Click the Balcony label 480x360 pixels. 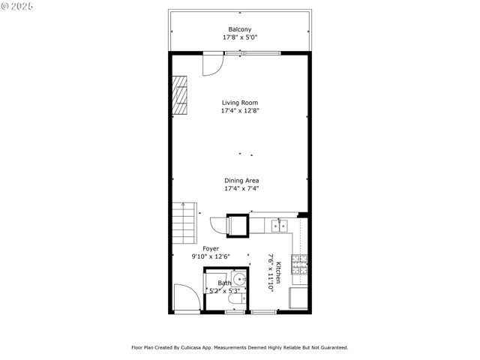(x=240, y=29)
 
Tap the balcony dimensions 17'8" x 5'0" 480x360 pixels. (x=240, y=37)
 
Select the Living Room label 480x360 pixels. (x=240, y=103)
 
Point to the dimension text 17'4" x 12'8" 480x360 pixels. (x=240, y=110)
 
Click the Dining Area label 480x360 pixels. (x=241, y=181)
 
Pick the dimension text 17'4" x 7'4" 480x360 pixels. (x=241, y=188)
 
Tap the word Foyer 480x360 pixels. (x=211, y=248)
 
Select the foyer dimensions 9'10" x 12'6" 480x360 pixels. (x=211, y=256)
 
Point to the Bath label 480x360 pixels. (x=224, y=283)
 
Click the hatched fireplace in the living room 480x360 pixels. (x=180, y=95)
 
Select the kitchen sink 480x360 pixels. (x=278, y=224)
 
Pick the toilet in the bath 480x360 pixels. (x=236, y=301)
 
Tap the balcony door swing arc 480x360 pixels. (x=213, y=65)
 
